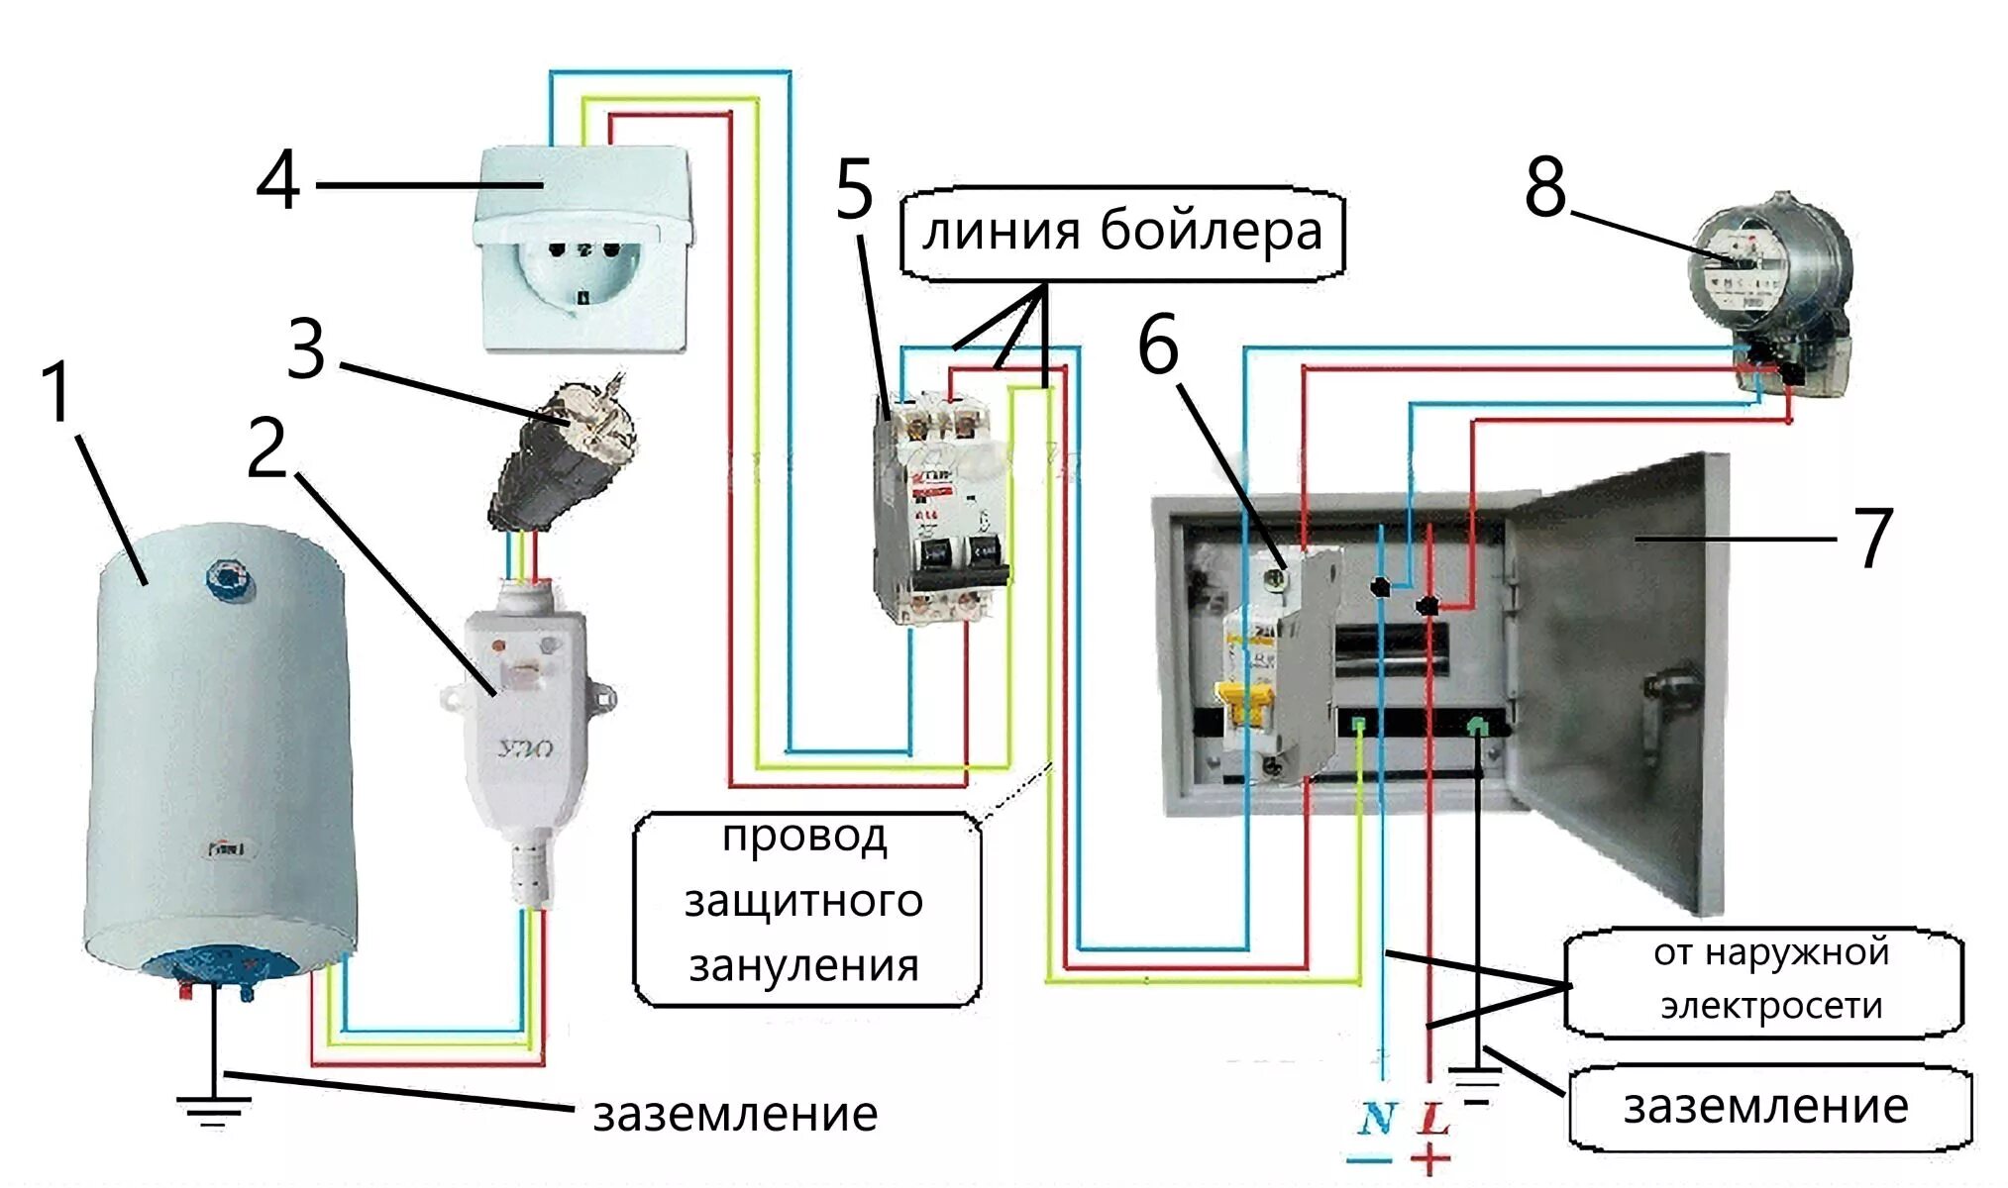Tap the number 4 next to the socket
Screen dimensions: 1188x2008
point(278,181)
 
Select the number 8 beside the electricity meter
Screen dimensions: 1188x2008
point(1545,187)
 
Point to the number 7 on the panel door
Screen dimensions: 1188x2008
point(1872,539)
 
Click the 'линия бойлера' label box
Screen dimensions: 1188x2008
point(1121,234)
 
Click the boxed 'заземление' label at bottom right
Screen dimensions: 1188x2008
point(1765,1107)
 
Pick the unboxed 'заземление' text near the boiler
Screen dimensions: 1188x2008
point(735,1115)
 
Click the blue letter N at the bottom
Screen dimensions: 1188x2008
point(1376,1120)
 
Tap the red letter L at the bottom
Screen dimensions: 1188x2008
point(1432,1120)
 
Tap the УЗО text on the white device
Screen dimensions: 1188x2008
point(526,749)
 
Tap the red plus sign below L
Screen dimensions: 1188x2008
point(1429,1158)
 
